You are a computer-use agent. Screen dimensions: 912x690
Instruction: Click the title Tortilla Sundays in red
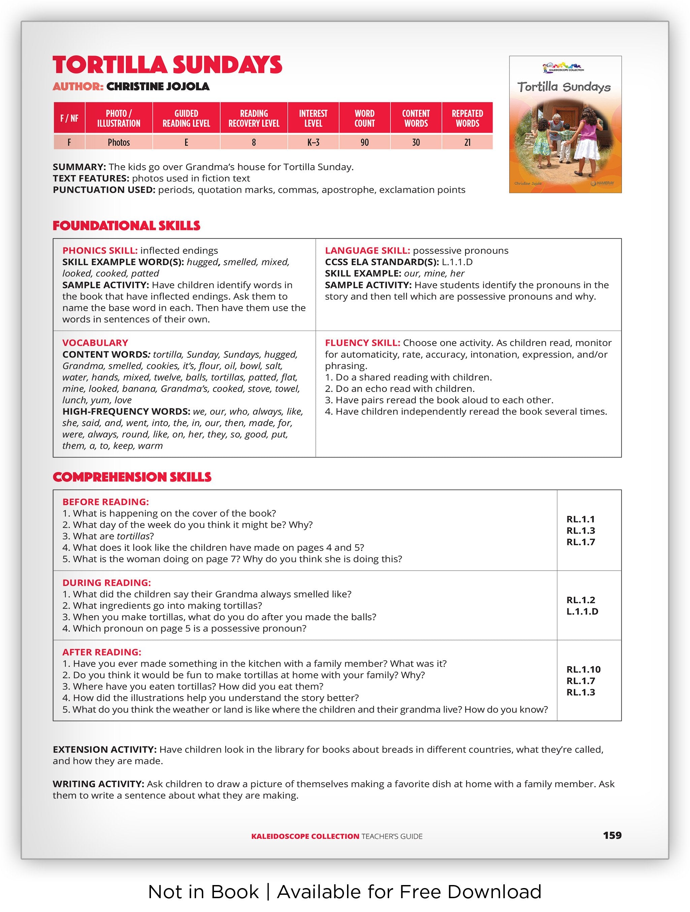167,65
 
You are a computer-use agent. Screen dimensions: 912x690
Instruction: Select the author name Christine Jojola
158,87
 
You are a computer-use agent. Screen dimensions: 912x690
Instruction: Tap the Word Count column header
364,118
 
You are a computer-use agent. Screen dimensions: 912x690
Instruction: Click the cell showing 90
364,143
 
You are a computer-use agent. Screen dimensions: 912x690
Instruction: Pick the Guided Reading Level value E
186,143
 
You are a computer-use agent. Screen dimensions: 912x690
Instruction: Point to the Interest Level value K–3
313,143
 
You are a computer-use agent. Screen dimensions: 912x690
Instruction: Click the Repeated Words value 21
467,143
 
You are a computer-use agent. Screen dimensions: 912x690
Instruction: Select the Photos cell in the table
119,143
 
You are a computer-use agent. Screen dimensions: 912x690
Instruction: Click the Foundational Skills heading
126,226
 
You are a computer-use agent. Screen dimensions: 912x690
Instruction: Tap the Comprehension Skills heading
132,477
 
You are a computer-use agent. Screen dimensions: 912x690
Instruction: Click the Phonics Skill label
100,251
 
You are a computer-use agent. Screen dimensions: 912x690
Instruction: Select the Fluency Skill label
362,343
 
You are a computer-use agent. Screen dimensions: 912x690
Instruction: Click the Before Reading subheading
105,502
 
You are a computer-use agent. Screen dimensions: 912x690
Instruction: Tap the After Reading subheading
101,652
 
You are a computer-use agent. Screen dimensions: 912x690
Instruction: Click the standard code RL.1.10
583,670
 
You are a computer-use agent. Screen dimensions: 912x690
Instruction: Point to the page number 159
612,835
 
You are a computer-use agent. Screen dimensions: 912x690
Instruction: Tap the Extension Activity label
104,749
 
